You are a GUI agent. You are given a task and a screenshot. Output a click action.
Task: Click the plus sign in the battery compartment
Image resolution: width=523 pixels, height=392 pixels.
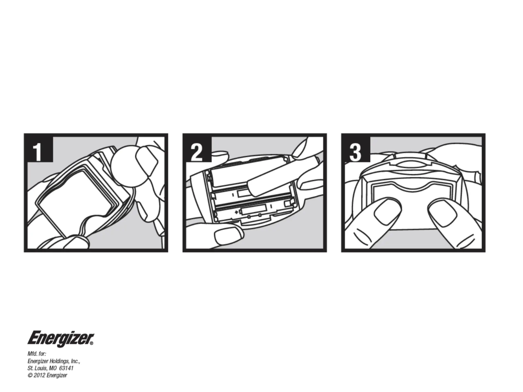click(x=236, y=212)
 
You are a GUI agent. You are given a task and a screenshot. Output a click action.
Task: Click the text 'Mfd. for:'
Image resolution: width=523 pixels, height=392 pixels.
click(x=37, y=354)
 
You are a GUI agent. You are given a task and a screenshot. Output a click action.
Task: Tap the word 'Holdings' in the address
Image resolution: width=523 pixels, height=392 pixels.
click(x=60, y=362)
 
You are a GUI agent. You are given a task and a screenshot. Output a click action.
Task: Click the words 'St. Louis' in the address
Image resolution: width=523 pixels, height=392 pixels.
click(x=37, y=368)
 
